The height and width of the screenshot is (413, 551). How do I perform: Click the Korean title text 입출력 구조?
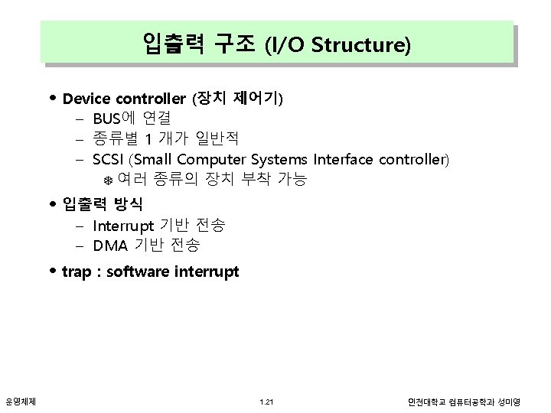tap(198, 44)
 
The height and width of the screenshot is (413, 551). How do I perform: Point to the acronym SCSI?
tap(109, 160)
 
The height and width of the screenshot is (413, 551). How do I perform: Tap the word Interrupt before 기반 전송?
tap(121, 226)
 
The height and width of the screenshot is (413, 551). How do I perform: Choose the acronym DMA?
tap(109, 246)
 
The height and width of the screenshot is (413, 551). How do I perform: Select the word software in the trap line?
tap(138, 272)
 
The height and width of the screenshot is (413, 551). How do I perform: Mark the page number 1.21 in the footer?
tap(266, 402)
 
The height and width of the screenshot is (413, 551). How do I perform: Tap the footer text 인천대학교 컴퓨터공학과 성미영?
tap(464, 402)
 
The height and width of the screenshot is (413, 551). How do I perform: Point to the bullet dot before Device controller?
tap(52, 99)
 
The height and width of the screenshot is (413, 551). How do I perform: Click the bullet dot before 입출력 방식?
tap(52, 205)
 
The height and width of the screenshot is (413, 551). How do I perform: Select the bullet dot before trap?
tap(52, 272)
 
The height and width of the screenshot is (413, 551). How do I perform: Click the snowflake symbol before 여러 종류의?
tap(108, 180)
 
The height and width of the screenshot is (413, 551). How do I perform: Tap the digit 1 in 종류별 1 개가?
tap(149, 139)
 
